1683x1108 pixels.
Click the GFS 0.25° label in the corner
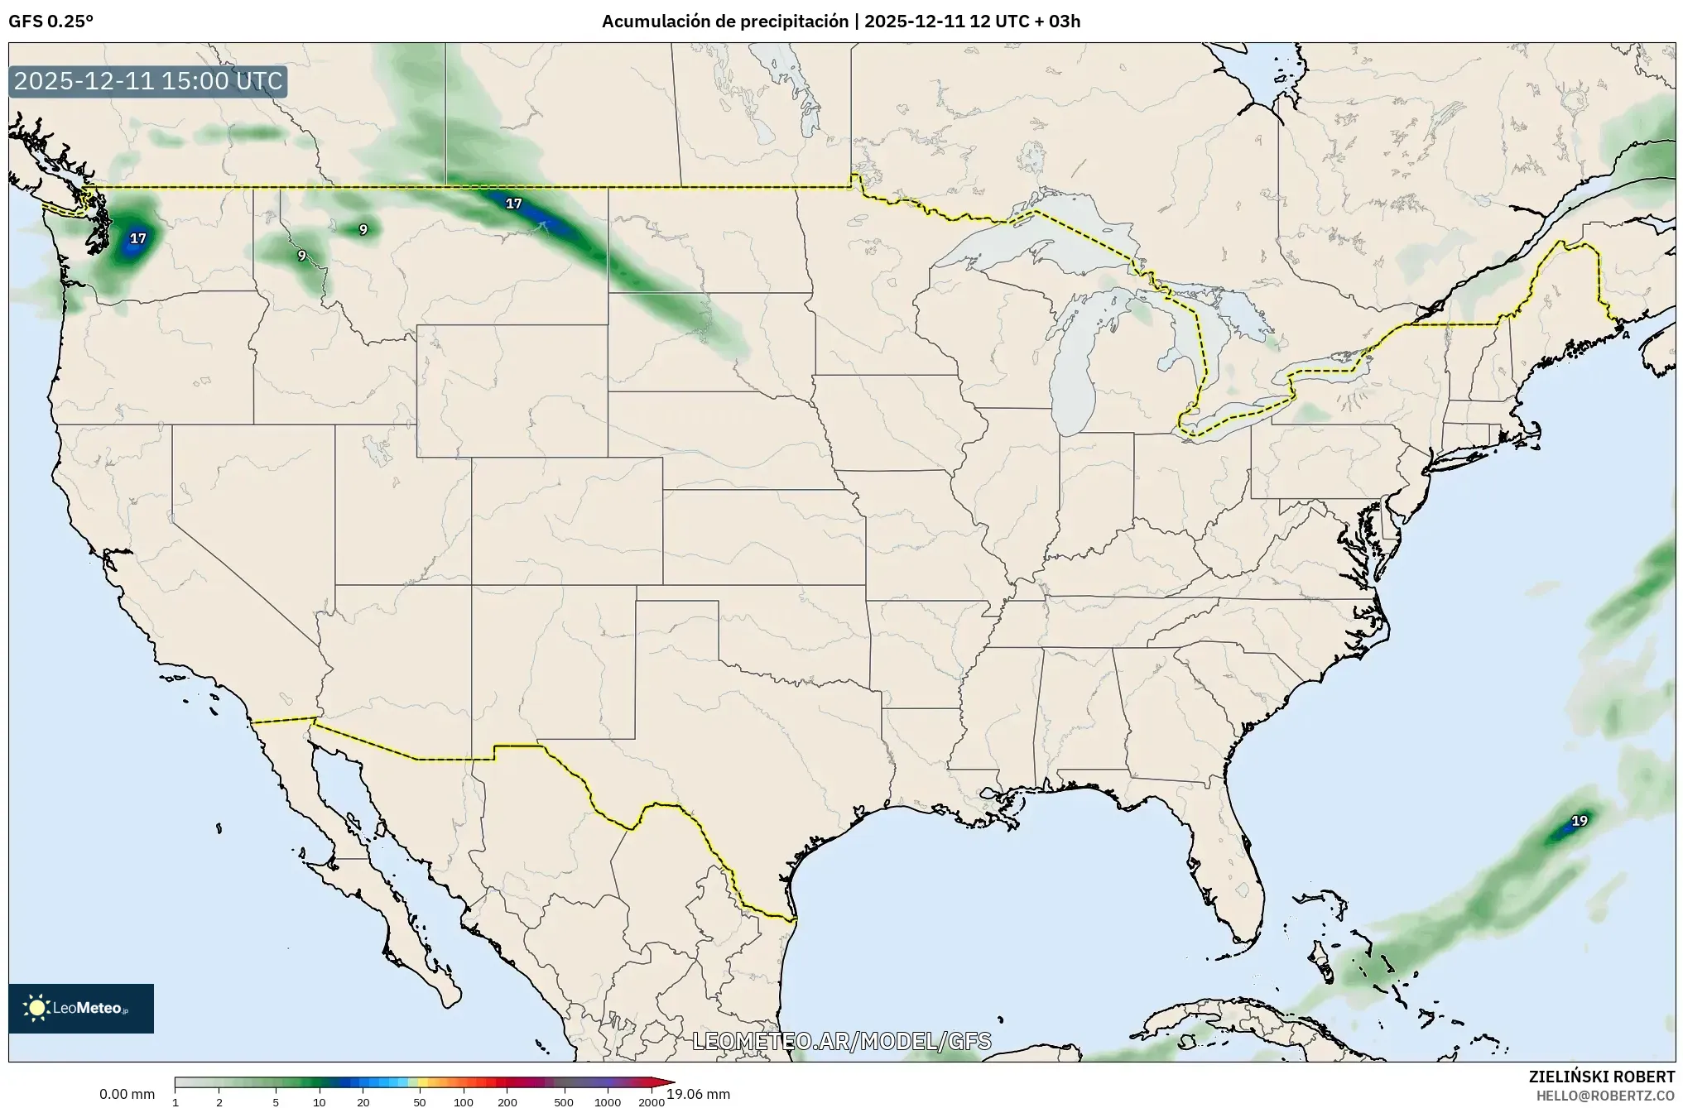(x=50, y=22)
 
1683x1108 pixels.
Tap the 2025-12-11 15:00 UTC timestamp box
(x=148, y=82)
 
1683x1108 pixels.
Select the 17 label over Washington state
(x=137, y=238)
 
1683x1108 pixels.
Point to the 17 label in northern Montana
(x=513, y=204)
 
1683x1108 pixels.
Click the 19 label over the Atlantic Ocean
(x=1580, y=821)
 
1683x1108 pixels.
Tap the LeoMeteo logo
(x=81, y=1008)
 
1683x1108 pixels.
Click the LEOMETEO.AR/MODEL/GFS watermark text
(x=841, y=1041)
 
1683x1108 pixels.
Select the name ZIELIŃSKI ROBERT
(x=1601, y=1077)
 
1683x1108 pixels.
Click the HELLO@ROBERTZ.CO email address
(x=1605, y=1096)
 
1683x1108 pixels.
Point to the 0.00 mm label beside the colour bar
(x=127, y=1094)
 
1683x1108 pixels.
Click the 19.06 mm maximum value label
(x=699, y=1094)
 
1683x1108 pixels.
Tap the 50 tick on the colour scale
(x=420, y=1101)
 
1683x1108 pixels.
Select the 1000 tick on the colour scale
(x=607, y=1101)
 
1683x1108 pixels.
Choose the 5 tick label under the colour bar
(x=276, y=1101)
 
